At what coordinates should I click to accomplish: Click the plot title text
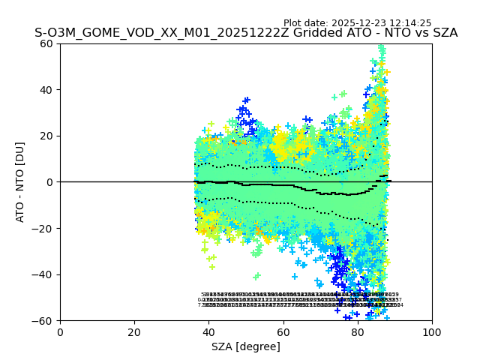point(246,33)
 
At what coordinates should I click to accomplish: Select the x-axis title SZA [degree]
point(246,346)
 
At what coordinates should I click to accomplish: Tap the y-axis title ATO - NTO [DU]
point(20,182)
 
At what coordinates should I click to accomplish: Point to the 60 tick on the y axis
point(46,43)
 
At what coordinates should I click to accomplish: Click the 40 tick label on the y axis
point(46,90)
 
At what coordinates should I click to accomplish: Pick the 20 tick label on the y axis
point(46,136)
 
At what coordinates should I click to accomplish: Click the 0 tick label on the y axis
point(49,182)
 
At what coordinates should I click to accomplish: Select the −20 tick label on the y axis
point(43,229)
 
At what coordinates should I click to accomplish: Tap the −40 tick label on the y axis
point(43,274)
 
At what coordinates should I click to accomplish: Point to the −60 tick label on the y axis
point(43,321)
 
